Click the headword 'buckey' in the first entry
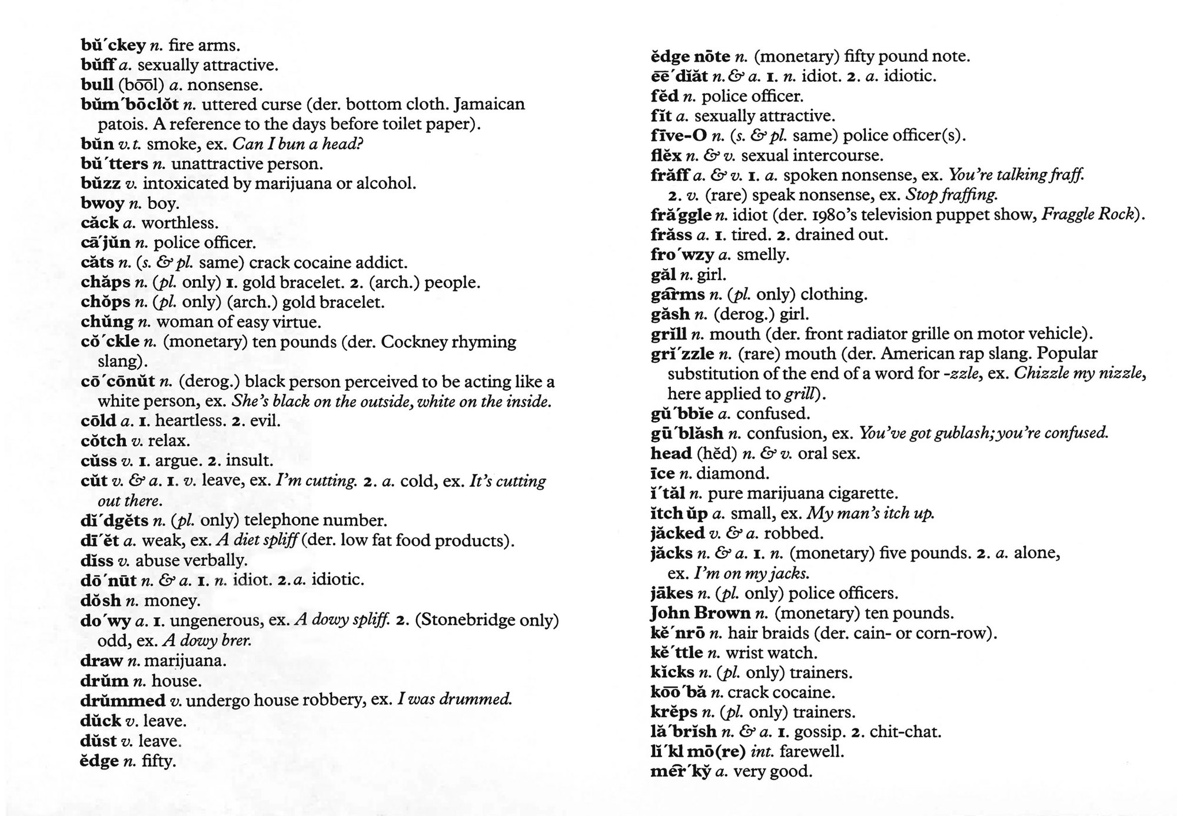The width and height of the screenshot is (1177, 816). click(x=112, y=45)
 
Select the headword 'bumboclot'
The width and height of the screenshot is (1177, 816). click(x=129, y=105)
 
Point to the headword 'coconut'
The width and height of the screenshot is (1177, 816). click(x=118, y=382)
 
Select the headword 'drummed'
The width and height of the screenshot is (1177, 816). click(x=122, y=701)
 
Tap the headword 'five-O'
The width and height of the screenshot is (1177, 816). click(x=679, y=136)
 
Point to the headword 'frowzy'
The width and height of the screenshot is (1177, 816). click(x=682, y=255)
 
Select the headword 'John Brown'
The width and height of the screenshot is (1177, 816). click(x=700, y=613)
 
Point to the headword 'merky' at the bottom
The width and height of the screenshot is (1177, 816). click(x=680, y=772)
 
